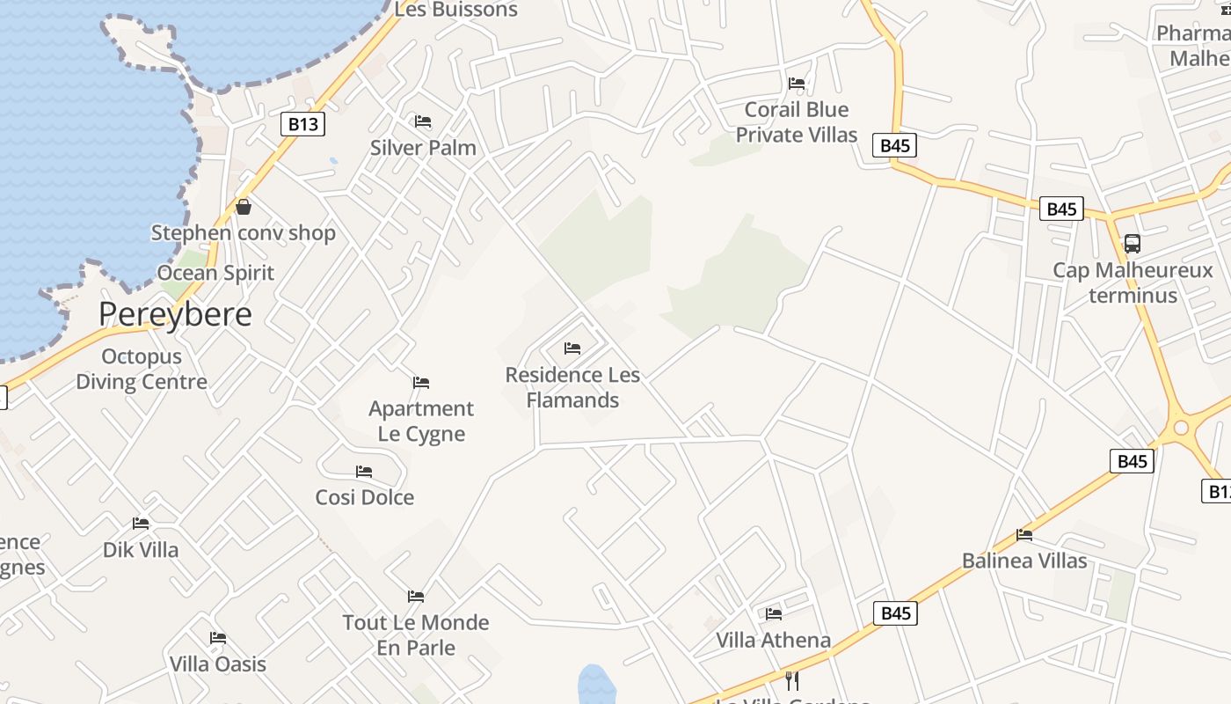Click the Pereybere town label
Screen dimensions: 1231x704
[x=175, y=314]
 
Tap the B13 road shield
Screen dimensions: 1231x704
[x=302, y=124]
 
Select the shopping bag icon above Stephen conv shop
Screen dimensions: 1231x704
[x=244, y=207]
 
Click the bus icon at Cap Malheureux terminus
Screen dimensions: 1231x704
[x=1133, y=244]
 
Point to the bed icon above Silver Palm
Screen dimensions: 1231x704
[x=423, y=121]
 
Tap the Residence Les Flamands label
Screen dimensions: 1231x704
[x=572, y=387]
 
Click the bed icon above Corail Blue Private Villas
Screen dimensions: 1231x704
[x=797, y=84]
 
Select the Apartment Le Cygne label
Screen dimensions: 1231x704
[x=421, y=421]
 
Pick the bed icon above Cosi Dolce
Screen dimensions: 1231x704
[x=364, y=472]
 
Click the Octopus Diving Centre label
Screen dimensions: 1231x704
[x=142, y=369]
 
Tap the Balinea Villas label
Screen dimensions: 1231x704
[x=1024, y=561]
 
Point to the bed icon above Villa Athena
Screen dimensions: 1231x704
[x=774, y=613]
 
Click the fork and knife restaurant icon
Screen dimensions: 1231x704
[x=791, y=680]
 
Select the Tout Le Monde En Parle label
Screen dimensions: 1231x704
[x=416, y=634]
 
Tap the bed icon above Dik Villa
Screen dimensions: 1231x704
[x=141, y=524]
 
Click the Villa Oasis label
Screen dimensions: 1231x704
[x=218, y=664]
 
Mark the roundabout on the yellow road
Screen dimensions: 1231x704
[x=1180, y=429]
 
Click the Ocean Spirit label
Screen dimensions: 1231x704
[x=216, y=273]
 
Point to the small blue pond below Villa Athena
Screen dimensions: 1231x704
[x=597, y=685]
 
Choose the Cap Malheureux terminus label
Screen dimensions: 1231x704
[x=1133, y=282]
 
